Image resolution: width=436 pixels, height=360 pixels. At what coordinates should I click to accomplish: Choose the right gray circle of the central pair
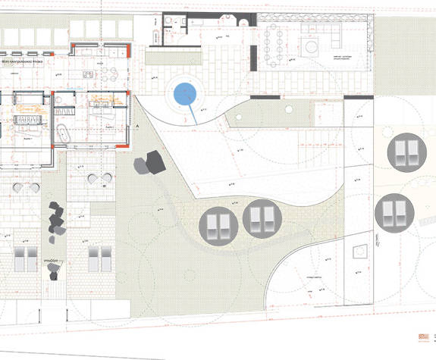point(262,219)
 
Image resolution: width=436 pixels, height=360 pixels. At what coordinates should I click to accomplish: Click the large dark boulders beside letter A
point(150,163)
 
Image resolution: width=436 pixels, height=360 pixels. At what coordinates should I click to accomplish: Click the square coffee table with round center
point(312,45)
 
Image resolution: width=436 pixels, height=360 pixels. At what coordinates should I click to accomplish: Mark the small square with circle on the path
point(361,249)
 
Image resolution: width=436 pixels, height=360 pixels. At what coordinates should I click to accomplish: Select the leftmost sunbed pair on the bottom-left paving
point(25,258)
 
